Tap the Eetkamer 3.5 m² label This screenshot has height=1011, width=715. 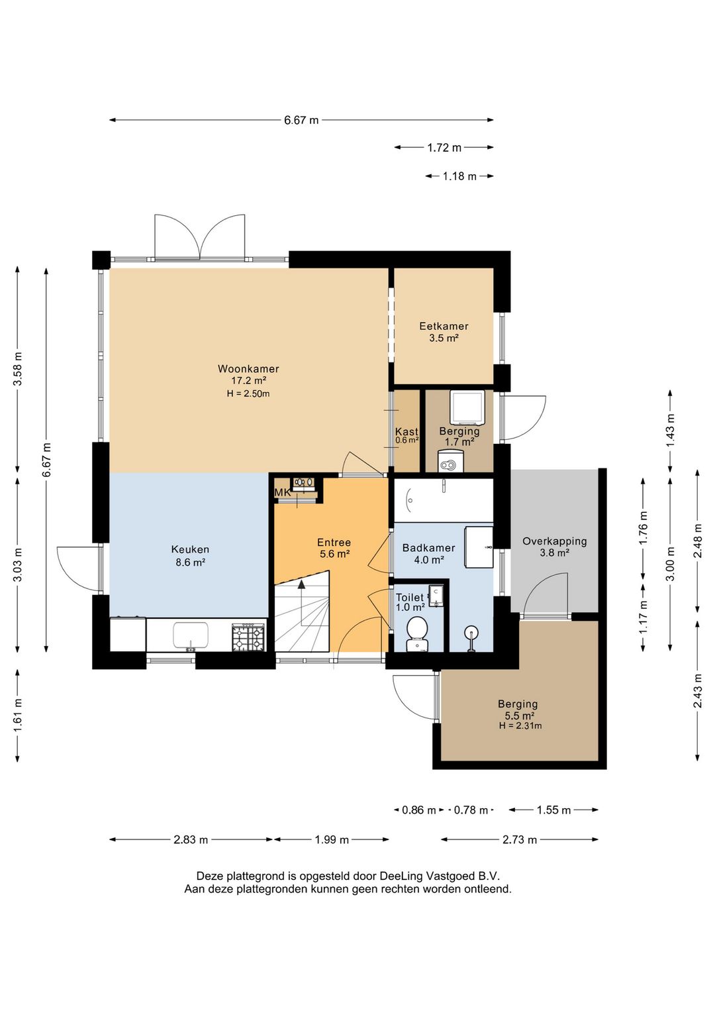(x=444, y=332)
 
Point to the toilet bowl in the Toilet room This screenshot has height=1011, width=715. (x=417, y=633)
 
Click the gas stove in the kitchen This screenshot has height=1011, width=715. (x=248, y=637)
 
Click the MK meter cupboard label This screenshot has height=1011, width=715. (x=283, y=493)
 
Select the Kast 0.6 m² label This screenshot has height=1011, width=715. (x=406, y=435)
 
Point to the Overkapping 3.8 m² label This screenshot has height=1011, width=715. (x=554, y=547)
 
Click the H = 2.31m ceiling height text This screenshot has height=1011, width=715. (x=520, y=725)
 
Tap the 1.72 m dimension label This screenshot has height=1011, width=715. (x=444, y=147)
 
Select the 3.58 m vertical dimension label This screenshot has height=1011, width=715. (x=18, y=368)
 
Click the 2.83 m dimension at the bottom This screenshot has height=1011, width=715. (x=191, y=839)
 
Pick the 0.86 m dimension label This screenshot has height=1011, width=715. (x=418, y=810)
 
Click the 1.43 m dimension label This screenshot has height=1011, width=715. (x=671, y=430)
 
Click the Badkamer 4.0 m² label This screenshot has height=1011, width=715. (x=428, y=554)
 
